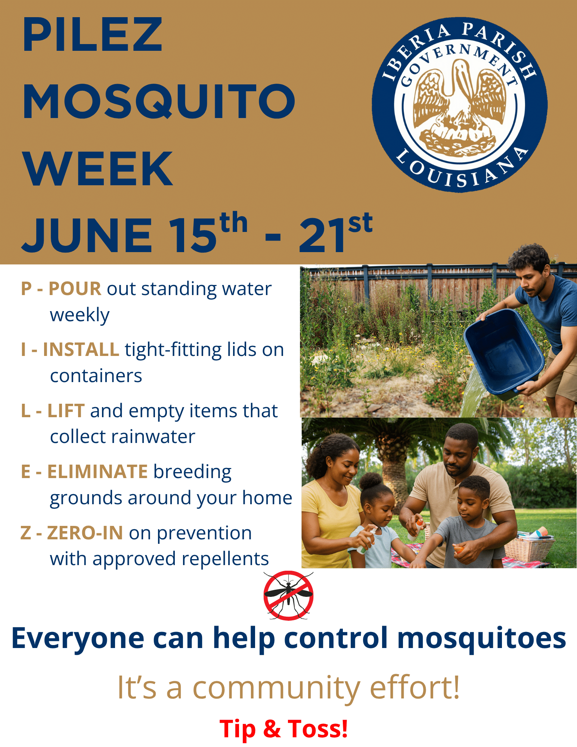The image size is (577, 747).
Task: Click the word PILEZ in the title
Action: click(92, 34)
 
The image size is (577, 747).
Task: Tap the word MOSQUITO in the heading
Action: click(159, 102)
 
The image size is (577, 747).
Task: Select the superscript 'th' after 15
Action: click(234, 223)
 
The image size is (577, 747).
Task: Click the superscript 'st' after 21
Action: click(360, 223)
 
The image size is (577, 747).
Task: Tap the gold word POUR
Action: click(75, 289)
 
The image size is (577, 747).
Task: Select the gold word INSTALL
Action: click(81, 350)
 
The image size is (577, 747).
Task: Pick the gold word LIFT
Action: click(66, 410)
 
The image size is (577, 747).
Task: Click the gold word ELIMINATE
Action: click(97, 472)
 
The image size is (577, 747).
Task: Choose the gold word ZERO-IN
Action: click(85, 533)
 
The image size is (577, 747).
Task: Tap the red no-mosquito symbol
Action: click(288, 595)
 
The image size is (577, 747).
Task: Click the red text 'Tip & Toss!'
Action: click(284, 728)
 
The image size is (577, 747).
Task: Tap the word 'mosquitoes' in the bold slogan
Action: click(481, 638)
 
